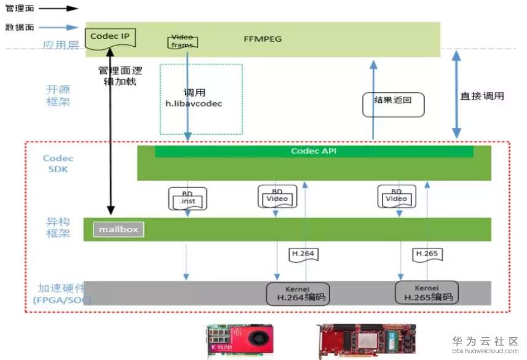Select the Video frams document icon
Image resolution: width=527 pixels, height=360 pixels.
182,41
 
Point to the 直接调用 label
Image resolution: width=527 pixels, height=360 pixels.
482,96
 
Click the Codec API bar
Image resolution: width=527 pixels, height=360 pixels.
314,151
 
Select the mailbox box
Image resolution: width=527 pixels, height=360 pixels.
119,230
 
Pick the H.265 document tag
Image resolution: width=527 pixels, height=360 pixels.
427,253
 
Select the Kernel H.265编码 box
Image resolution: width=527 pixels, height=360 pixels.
427,292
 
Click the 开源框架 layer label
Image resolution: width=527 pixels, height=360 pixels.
58,95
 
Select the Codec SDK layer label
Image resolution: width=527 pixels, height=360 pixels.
58,164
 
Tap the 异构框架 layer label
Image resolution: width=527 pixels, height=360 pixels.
58,227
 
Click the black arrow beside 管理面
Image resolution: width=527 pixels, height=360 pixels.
64,9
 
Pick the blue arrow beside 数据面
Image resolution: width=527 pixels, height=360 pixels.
64,27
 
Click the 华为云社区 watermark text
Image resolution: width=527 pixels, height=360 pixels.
486,341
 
